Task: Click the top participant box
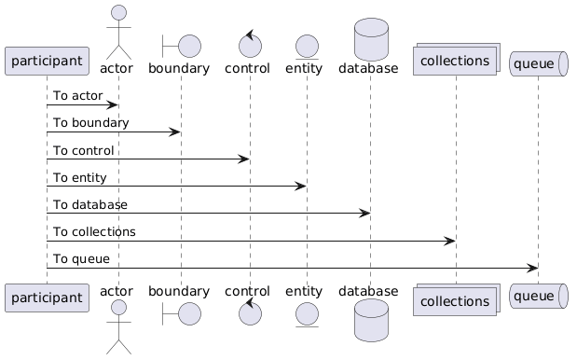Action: (47, 62)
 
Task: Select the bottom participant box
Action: (47, 298)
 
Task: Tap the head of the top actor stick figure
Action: (118, 12)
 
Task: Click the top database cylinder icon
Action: (371, 39)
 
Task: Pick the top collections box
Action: (457, 60)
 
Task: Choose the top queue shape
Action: (539, 63)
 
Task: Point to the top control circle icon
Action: (250, 44)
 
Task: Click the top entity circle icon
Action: (307, 47)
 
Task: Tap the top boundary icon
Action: (182, 46)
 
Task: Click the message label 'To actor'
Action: (78, 96)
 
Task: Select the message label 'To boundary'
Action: (91, 122)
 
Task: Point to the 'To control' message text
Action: (84, 150)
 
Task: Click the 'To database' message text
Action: (90, 204)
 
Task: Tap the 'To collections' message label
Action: (94, 232)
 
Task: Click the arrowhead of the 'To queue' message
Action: (533, 269)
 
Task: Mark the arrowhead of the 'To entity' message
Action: (301, 187)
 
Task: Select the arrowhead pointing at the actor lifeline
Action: (112, 105)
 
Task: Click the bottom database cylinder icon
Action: (371, 320)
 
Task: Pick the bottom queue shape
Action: (539, 296)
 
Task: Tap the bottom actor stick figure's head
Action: (118, 307)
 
